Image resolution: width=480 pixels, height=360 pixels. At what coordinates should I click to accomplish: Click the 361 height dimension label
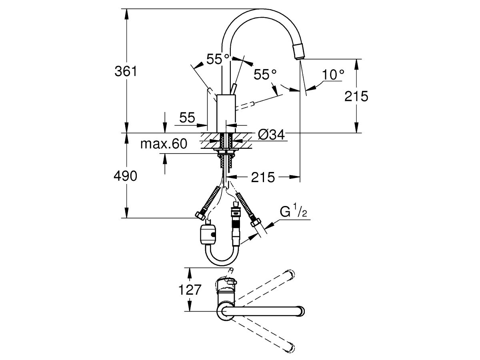click(x=126, y=72)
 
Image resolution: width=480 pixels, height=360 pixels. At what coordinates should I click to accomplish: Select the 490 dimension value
click(x=126, y=176)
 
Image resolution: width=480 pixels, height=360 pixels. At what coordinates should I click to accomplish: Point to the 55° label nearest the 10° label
click(x=265, y=74)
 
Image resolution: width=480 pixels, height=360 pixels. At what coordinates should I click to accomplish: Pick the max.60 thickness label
click(x=164, y=144)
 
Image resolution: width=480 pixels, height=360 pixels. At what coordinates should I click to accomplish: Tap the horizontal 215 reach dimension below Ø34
click(x=263, y=177)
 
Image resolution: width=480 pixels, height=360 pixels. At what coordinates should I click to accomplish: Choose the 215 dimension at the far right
click(x=356, y=96)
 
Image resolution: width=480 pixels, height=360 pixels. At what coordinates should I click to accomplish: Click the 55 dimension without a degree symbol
click(x=187, y=118)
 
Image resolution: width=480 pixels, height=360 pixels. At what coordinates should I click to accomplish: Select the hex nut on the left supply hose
click(x=200, y=216)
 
